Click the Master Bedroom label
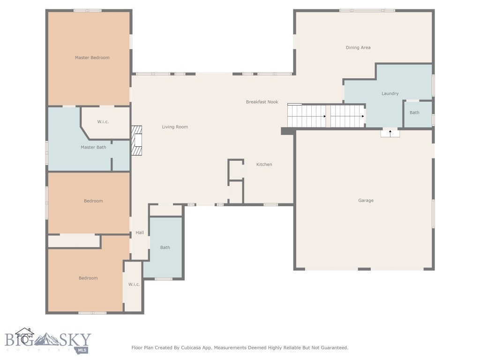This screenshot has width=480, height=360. [92, 58]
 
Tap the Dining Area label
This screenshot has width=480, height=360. [358, 47]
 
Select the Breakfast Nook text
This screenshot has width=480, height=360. [262, 102]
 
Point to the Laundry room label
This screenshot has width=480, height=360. [390, 93]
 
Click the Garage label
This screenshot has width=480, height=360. [366, 201]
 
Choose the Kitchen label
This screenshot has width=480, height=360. [264, 165]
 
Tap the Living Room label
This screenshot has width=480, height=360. [175, 127]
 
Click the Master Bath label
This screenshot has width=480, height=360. [93, 147]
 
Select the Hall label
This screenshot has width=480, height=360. [140, 232]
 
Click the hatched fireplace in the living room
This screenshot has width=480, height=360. [136, 140]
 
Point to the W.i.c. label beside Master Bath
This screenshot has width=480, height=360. [103, 122]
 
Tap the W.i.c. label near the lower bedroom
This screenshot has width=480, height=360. [134, 285]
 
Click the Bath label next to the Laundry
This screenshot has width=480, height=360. [414, 112]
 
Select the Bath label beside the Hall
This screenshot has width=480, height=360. [165, 247]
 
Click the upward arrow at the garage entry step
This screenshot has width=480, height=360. [390, 133]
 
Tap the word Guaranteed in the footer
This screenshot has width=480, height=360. [332, 348]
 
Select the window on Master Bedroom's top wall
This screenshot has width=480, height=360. [87, 10]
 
